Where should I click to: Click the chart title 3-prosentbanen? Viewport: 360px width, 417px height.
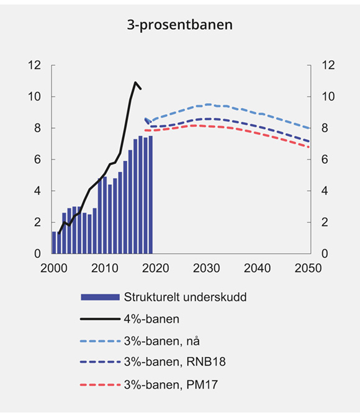point(179,26)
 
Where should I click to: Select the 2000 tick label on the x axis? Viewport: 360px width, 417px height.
point(53,268)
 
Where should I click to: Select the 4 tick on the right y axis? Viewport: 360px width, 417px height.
point(322,191)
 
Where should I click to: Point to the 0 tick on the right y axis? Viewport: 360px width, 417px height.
point(322,254)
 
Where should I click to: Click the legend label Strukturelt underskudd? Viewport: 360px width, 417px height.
point(186,297)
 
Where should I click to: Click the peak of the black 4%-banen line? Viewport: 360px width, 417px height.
point(135,82)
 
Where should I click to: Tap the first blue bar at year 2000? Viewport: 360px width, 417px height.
point(54,243)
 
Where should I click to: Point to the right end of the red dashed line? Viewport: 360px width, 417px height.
point(309,147)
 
